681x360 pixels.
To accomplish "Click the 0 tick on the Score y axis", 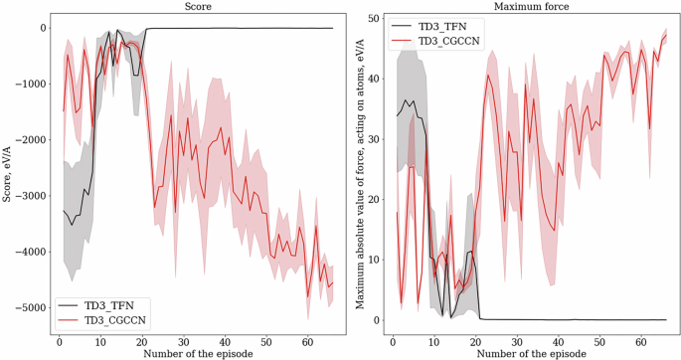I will click(43, 28).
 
